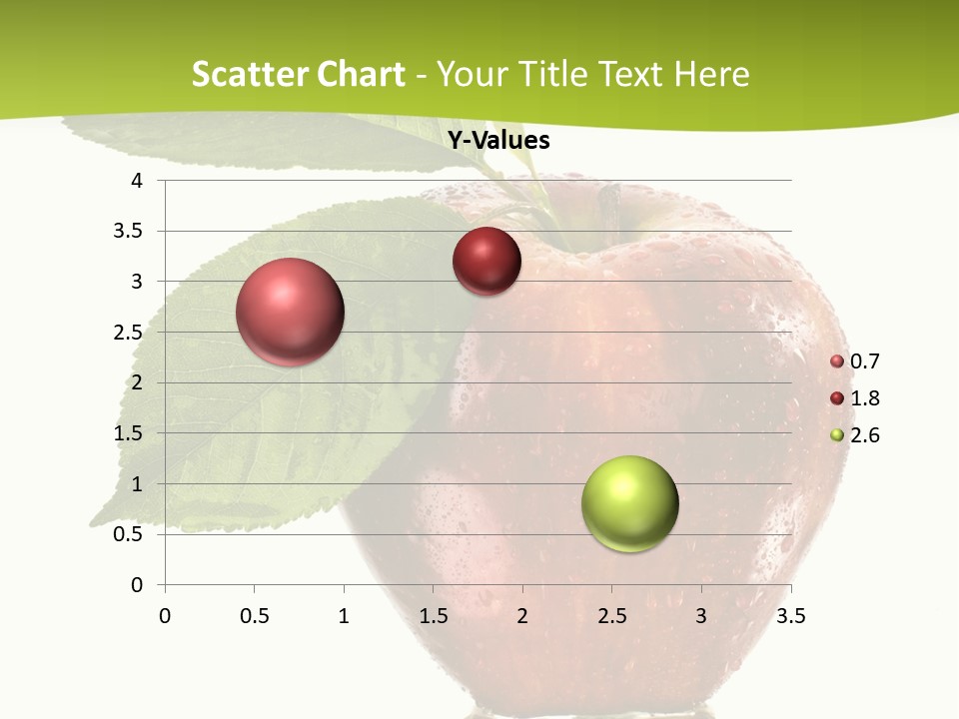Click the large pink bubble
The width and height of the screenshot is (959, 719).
click(291, 312)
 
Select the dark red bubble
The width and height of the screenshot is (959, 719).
click(486, 262)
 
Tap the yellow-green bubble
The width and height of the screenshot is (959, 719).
click(630, 503)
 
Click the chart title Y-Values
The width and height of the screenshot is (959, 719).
click(498, 141)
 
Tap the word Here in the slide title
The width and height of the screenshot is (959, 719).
click(711, 74)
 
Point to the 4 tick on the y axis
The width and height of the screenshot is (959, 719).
click(137, 181)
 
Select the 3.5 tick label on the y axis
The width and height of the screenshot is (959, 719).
click(131, 232)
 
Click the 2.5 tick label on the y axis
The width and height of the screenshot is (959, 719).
click(131, 333)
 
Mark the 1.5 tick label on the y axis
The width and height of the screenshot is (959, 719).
click(131, 433)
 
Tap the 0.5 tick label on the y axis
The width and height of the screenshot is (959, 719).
click(131, 534)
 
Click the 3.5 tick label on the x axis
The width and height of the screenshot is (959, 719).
click(790, 616)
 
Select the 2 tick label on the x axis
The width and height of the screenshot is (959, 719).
click(522, 616)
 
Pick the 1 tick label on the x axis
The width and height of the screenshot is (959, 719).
click(344, 616)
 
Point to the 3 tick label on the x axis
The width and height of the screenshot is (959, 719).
click(701, 616)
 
